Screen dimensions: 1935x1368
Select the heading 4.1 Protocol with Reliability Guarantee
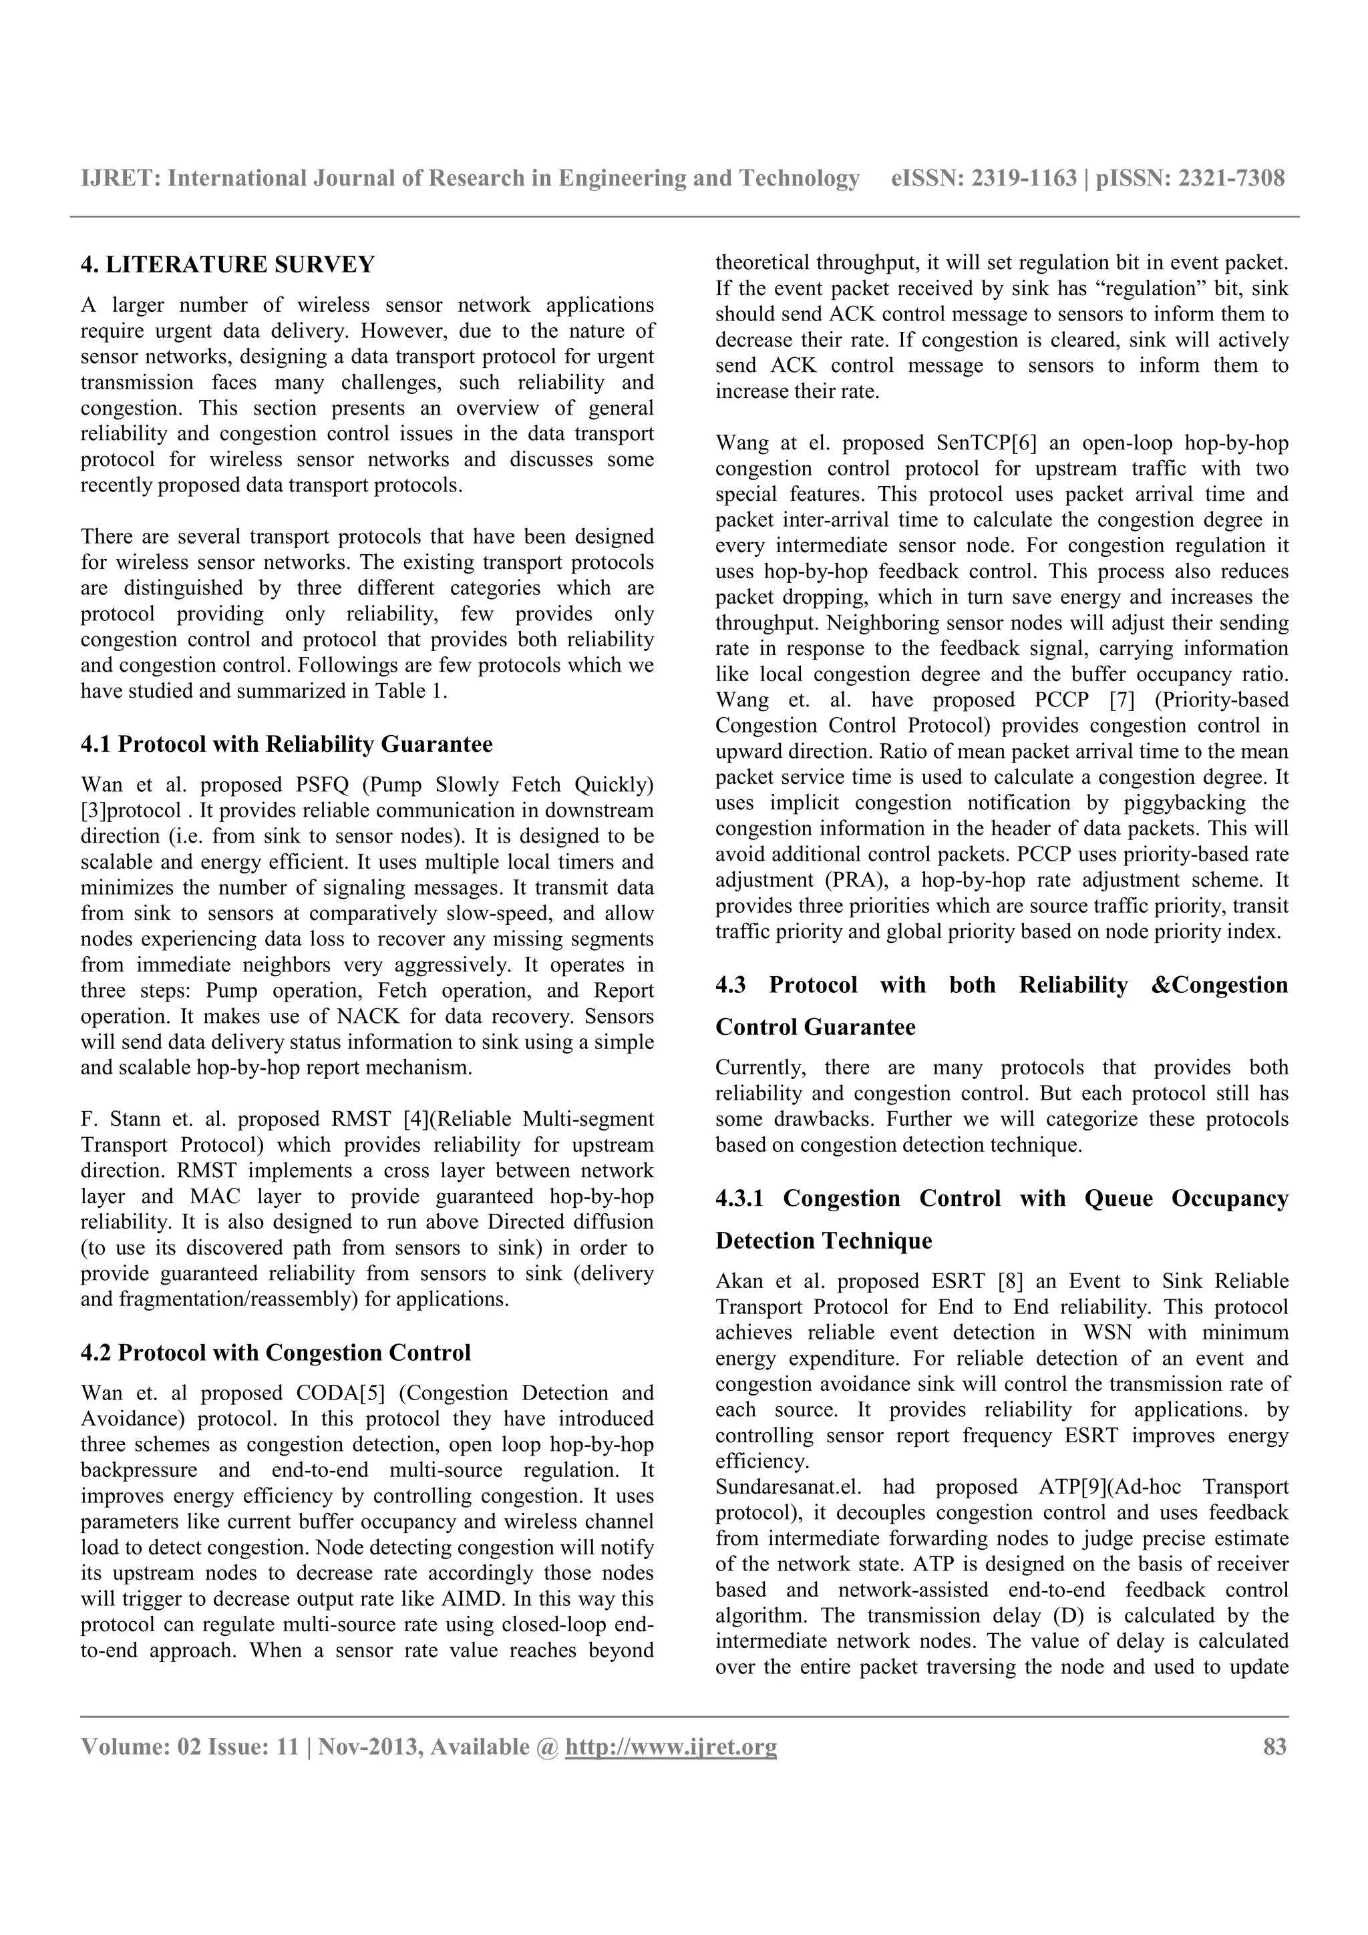287,744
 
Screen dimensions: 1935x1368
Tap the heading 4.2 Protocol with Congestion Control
276,1353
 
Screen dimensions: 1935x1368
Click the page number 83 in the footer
1274,1747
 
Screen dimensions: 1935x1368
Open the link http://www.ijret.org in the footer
671,1747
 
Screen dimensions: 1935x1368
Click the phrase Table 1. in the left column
415,692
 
